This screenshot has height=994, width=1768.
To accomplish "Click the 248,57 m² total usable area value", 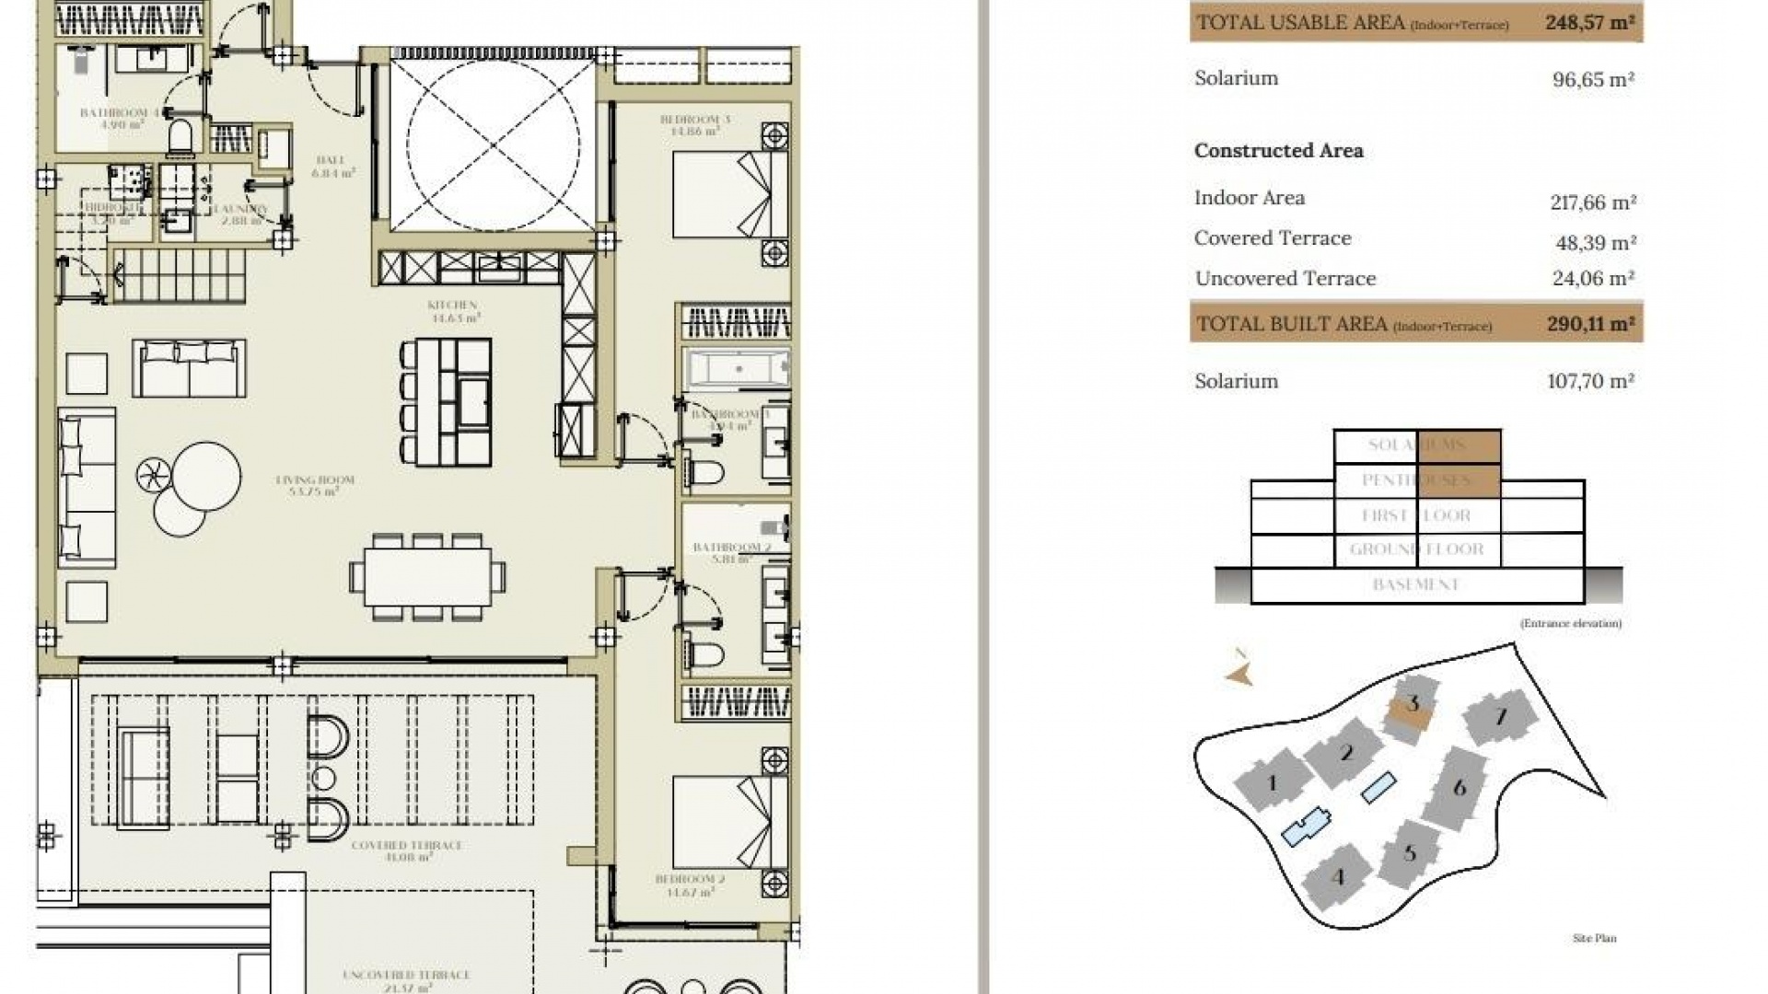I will point(1589,23).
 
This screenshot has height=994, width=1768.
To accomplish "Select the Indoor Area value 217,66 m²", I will point(1592,202).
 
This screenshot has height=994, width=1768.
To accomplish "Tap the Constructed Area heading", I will point(1278,151).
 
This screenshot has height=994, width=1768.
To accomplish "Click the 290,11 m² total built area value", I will point(1590,324).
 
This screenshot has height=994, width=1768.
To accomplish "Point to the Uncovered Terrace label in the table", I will point(1285,279).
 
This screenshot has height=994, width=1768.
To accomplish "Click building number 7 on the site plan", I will point(1501,716).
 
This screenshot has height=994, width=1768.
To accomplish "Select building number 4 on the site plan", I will point(1338,877).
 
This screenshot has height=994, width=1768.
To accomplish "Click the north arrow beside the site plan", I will point(1239,675).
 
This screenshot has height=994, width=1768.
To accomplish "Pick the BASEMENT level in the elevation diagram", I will point(1416,585).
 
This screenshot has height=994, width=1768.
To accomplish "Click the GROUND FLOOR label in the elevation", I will point(1416,549).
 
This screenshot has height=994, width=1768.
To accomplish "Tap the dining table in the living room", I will point(427,577).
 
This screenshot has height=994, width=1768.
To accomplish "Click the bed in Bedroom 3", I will point(730,194).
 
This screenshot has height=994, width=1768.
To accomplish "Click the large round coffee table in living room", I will point(206,476).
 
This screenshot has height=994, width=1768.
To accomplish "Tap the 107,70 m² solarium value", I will point(1590,381).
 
